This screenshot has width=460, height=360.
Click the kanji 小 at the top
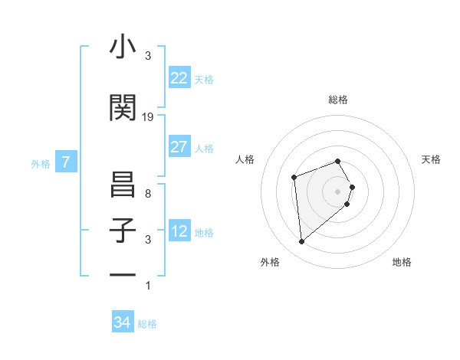coord(123,47)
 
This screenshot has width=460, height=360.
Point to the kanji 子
coord(123,231)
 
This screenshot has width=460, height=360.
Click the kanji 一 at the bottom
coord(123,274)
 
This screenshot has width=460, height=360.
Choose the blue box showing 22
coord(179,77)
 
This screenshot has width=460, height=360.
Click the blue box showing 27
coord(179,147)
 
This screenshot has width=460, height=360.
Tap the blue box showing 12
coord(179,231)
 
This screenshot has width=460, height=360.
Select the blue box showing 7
coord(67,162)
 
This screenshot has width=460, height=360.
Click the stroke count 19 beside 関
coord(148,116)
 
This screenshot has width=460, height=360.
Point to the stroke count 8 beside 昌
coord(148,194)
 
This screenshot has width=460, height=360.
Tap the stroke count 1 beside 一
coord(148,286)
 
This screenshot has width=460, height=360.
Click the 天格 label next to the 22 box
coord(204,79)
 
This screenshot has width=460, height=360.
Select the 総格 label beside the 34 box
coord(147,324)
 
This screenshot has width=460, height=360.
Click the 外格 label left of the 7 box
coord(41,163)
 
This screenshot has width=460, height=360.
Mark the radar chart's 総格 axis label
coord(338,100)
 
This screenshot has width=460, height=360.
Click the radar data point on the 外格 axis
coord(302,242)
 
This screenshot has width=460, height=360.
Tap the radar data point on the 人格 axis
coord(294,178)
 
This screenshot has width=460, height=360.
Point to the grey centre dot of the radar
coord(338,191)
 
